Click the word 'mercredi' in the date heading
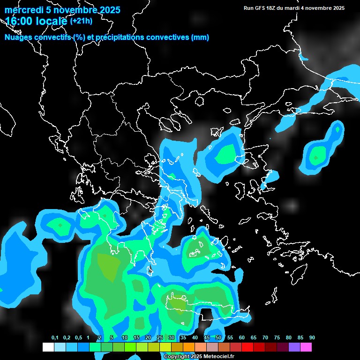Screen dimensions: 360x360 tap(22, 10)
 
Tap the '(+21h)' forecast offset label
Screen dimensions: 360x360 tap(81, 21)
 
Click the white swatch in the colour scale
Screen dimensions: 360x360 tap(48, 347)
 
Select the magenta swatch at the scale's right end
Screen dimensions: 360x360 tap(306, 347)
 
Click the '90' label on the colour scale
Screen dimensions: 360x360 tap(312, 338)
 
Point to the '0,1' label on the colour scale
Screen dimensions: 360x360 tap(55, 338)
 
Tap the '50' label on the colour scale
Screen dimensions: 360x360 tap(218, 338)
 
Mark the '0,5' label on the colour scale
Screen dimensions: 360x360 tap(78, 338)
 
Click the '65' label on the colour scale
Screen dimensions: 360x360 tap(254, 338)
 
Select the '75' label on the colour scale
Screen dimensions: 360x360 tap(277, 338)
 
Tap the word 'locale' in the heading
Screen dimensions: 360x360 tap(52, 21)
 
